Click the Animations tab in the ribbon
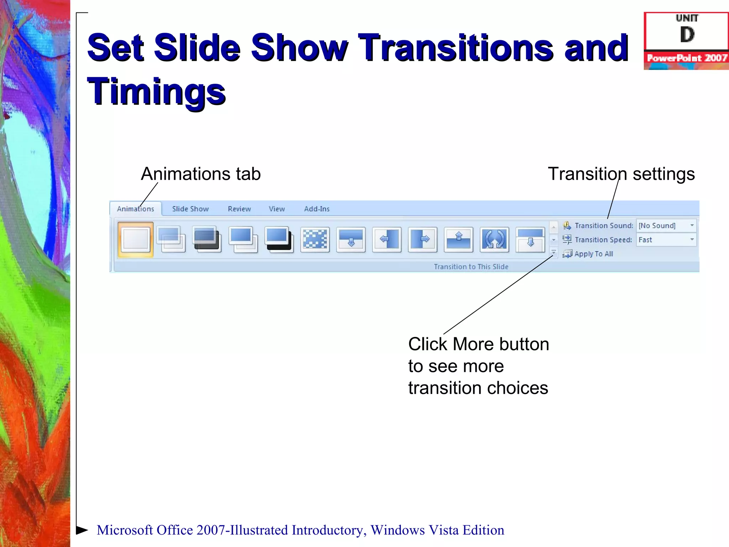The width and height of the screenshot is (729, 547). (x=136, y=209)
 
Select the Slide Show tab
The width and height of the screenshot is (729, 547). (x=190, y=209)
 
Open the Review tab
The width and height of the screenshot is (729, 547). (x=239, y=209)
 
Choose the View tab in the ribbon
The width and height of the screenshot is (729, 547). (x=277, y=209)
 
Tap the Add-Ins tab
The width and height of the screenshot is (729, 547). (x=316, y=209)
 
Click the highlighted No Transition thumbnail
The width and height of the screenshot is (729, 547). (x=136, y=239)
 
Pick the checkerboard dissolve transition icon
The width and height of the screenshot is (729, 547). (x=315, y=239)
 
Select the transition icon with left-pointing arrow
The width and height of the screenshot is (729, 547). (x=387, y=239)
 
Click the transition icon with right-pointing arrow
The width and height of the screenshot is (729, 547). (x=423, y=239)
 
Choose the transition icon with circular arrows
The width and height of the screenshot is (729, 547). (x=494, y=239)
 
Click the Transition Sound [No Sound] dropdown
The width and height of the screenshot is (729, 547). (x=666, y=225)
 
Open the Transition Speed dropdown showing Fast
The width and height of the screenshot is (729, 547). (x=666, y=240)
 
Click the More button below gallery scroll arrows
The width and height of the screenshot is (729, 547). (x=554, y=253)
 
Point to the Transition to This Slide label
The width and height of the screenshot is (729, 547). (x=471, y=267)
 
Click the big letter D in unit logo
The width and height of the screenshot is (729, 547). (x=687, y=35)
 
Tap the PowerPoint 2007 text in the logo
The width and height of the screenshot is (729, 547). (x=687, y=58)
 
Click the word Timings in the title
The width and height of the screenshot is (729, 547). (x=156, y=92)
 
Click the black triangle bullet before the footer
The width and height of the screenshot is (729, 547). (x=82, y=530)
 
